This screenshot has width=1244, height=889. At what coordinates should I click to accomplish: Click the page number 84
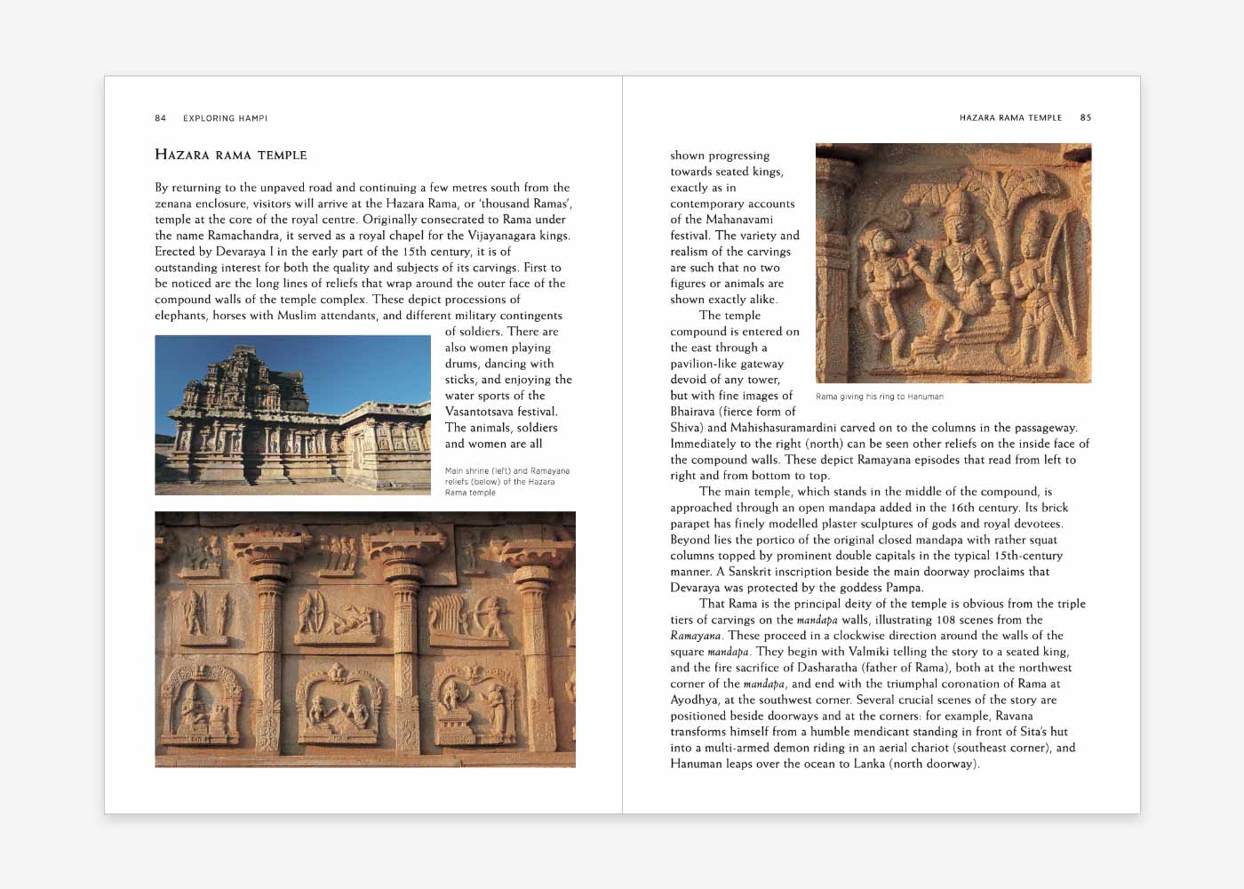point(160,118)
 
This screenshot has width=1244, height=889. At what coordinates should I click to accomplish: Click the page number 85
point(1085,117)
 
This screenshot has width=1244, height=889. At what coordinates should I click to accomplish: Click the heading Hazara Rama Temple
point(231,155)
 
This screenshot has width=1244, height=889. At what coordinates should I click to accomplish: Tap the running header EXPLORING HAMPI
point(225,118)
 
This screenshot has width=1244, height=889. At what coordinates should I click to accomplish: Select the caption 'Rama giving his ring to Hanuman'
point(879,396)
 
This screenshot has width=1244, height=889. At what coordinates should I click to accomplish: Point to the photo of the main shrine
point(292,415)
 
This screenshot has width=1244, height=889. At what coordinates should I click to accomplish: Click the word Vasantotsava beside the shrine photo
point(488,412)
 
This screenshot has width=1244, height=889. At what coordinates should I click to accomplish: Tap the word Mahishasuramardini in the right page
point(783,428)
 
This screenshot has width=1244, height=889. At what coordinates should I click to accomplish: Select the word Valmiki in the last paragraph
point(868,652)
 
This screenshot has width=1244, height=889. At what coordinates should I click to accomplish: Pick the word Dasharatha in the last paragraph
point(800,668)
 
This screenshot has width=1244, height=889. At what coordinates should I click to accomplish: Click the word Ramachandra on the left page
point(243,236)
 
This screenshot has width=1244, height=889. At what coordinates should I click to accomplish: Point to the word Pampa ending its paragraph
point(905,588)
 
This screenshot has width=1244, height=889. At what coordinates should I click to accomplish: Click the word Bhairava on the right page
point(696,412)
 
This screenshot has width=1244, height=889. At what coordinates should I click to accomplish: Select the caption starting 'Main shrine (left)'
point(506,482)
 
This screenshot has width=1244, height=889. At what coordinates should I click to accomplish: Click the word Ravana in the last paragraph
point(1014,716)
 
